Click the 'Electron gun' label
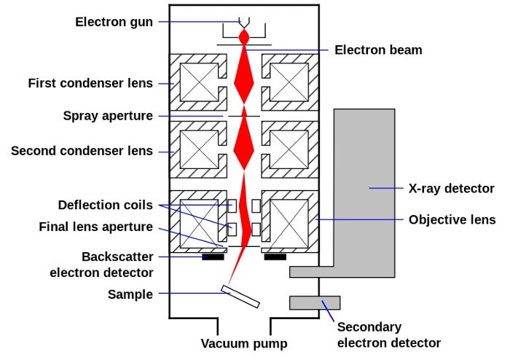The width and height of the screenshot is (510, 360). tap(114, 22)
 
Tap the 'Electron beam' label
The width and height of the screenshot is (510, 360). tap(378, 50)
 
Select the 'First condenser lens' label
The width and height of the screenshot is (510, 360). tap(90, 83)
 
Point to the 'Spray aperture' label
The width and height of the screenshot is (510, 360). tap(108, 116)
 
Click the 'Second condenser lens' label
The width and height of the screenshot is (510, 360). tap(82, 151)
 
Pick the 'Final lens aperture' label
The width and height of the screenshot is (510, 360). tap(96, 227)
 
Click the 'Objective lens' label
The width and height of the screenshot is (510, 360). tap(452, 219)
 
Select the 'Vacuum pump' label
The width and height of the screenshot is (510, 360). tap(245, 343)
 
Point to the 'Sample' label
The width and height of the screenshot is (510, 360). tap(130, 294)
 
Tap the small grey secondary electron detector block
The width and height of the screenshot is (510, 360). tap(315, 302)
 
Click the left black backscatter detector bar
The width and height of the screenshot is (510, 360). tap(213, 257)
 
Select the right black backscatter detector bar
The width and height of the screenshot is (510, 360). tap(275, 257)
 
